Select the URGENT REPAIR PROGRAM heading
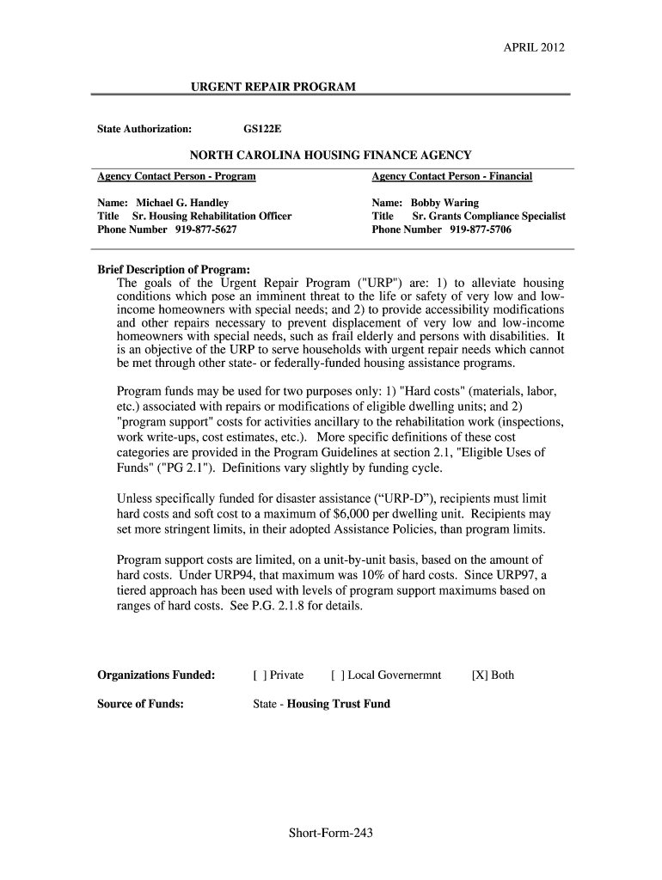click(x=273, y=87)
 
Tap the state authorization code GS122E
click(x=262, y=129)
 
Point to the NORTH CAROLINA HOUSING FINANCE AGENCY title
click(x=330, y=155)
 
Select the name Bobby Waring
click(x=444, y=203)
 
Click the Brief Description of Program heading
click(x=174, y=269)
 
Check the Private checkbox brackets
click(x=258, y=675)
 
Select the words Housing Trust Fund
click(x=338, y=704)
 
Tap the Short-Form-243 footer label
click(x=331, y=833)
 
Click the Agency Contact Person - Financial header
click(x=452, y=176)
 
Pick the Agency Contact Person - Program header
click(x=176, y=176)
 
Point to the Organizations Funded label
click(x=156, y=675)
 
